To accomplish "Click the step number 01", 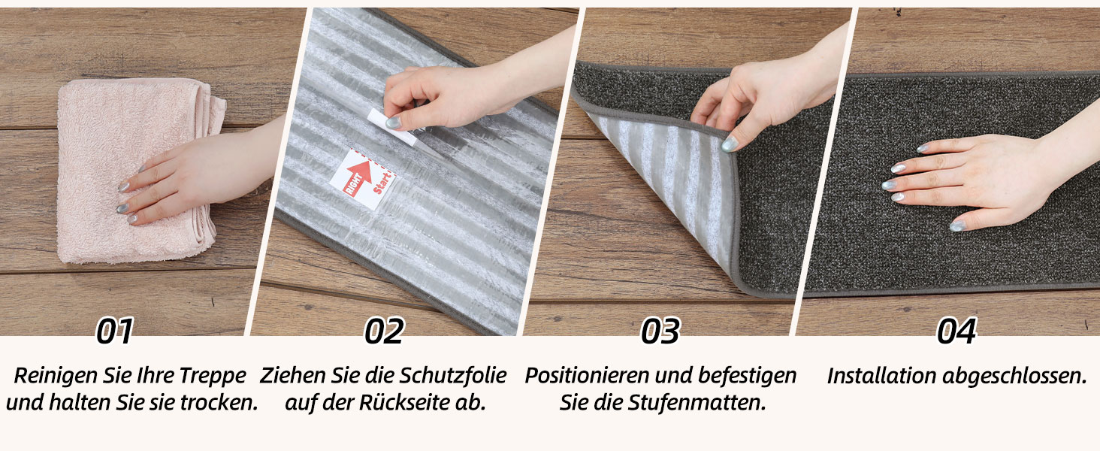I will tap(115, 331).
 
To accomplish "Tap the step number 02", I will tap(384, 331).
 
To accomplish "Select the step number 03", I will tap(660, 331).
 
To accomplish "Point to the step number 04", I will tap(956, 331).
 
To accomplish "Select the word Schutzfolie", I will tap(453, 375).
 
